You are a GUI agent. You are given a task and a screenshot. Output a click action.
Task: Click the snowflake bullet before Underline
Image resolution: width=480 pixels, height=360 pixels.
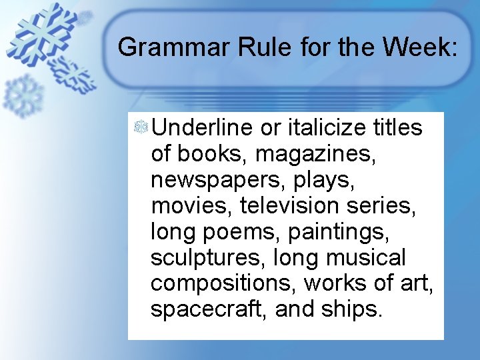pyautogui.click(x=141, y=126)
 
